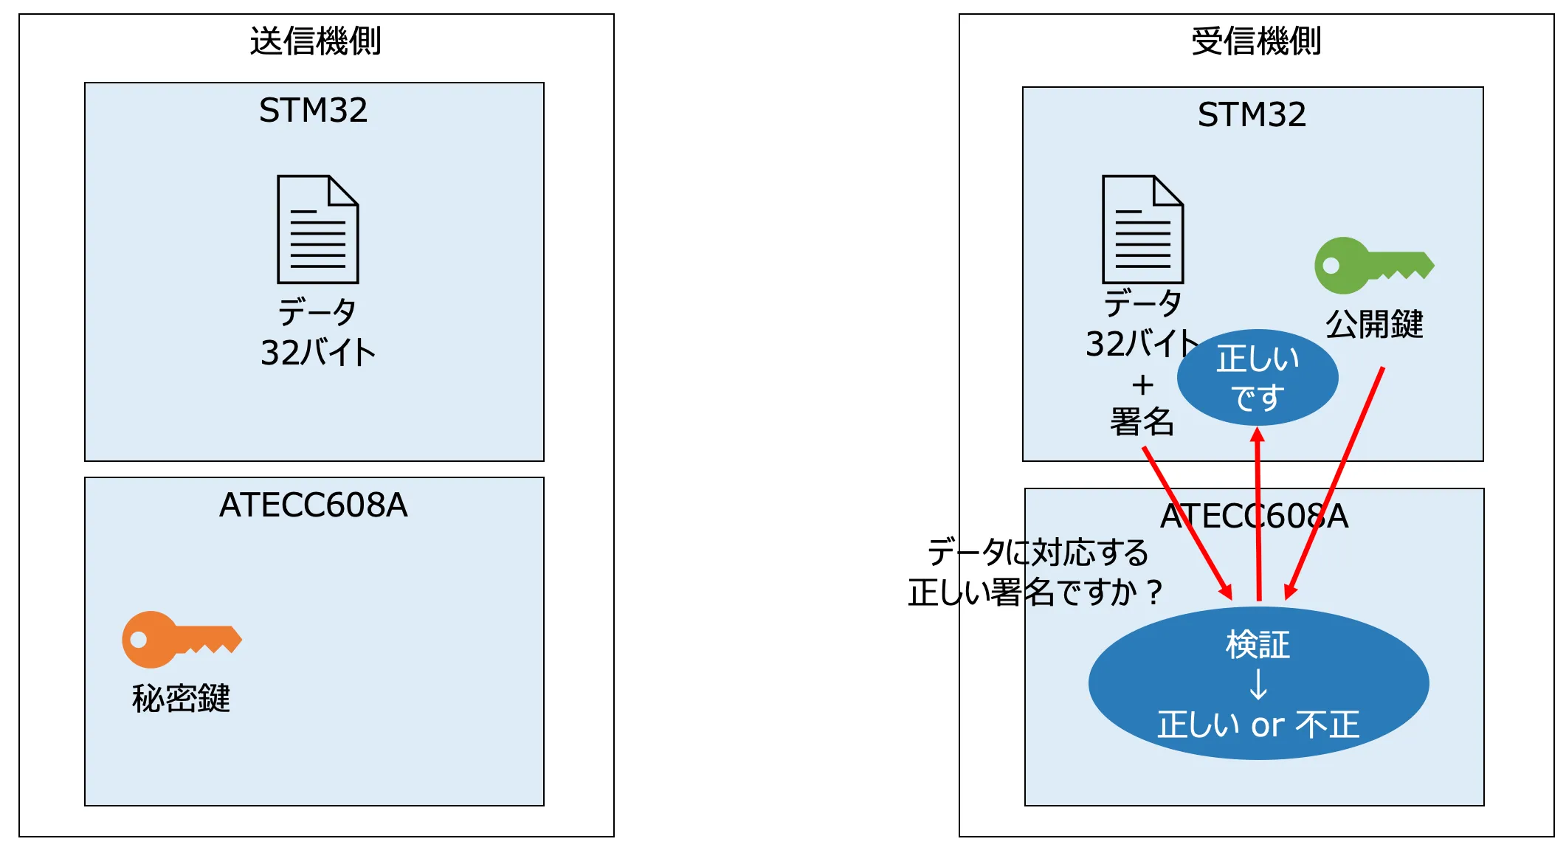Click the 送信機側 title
point(315,41)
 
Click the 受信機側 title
point(1256,41)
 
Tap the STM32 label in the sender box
point(313,111)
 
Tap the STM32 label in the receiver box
point(1252,115)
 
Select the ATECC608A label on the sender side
point(313,505)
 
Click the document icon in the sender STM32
point(317,229)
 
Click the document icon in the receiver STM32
point(1142,229)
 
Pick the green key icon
point(1373,265)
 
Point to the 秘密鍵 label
point(181,698)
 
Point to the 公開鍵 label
point(1374,324)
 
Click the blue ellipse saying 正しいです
point(1258,378)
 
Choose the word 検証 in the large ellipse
point(1258,645)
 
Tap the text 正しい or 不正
point(1258,725)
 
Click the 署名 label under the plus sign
point(1142,422)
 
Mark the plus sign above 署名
point(1142,384)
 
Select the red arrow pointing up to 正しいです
point(1258,516)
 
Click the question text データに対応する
point(1038,552)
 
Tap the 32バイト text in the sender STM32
point(317,352)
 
